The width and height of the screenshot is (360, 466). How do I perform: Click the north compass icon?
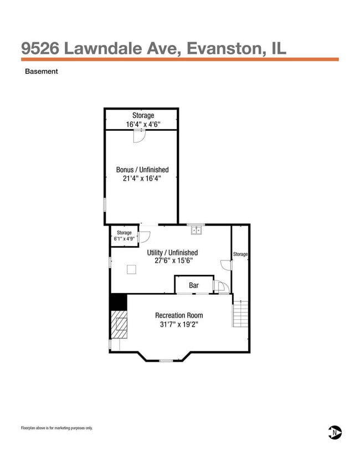[335, 432]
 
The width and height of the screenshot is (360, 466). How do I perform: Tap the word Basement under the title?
[42, 71]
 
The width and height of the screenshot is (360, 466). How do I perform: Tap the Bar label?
[194, 285]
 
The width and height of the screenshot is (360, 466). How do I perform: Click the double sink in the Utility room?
[196, 228]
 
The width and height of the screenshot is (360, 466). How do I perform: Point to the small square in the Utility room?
[132, 269]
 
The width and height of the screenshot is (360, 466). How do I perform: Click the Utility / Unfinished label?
[172, 253]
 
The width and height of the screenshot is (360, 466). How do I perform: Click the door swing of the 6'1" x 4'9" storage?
[146, 237]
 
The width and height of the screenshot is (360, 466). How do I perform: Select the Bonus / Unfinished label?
[142, 170]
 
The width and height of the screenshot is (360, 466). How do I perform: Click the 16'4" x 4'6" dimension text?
[142, 125]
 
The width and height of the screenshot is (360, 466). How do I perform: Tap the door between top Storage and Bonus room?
[139, 135]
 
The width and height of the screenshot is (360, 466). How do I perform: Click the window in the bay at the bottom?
[166, 361]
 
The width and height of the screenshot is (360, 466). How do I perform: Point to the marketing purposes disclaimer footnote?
[57, 428]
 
